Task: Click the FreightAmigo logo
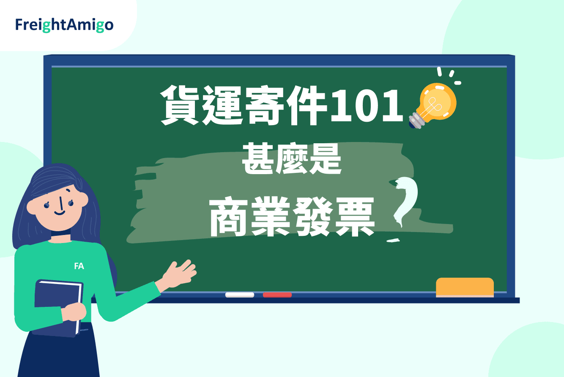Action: click(x=64, y=25)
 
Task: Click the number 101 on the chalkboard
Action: click(x=367, y=106)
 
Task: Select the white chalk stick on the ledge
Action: click(x=240, y=295)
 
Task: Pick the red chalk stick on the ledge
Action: click(x=277, y=295)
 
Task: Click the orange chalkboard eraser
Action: click(x=465, y=287)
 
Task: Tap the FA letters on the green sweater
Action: click(x=79, y=266)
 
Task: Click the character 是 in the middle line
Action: click(x=325, y=158)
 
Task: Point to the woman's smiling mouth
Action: click(x=60, y=213)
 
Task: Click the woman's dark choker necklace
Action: click(x=61, y=233)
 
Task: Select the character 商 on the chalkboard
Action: click(x=229, y=216)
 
